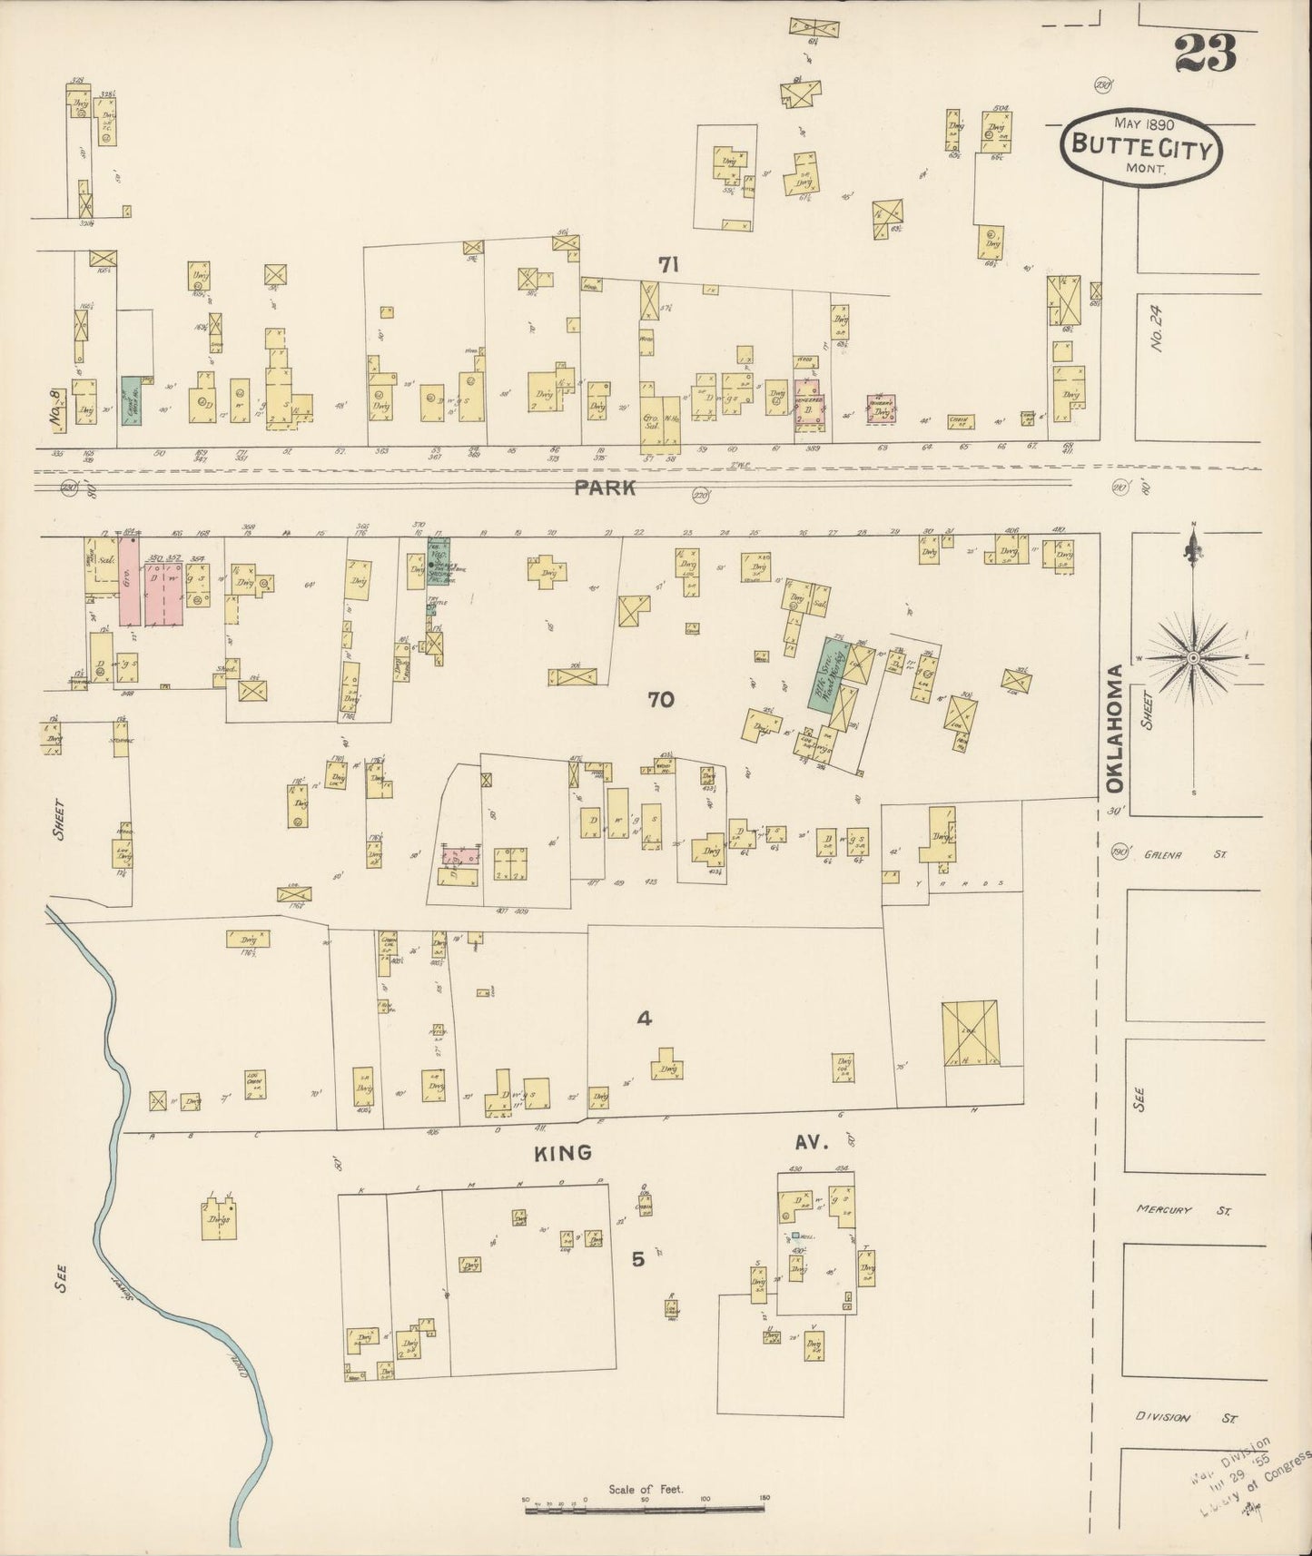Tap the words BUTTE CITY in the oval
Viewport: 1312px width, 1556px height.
tap(1141, 146)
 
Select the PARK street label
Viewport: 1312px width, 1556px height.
tap(604, 488)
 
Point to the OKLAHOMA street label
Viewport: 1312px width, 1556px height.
tap(1116, 728)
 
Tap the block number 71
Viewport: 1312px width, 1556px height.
tap(669, 264)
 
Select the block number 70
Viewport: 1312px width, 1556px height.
tap(661, 699)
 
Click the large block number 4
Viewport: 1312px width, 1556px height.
tap(644, 1019)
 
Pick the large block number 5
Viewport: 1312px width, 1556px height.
tap(638, 1258)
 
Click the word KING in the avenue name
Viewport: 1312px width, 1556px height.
tap(562, 1153)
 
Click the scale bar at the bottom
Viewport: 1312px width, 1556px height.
tap(646, 1509)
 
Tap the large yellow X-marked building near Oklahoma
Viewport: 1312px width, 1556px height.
tap(971, 1032)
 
